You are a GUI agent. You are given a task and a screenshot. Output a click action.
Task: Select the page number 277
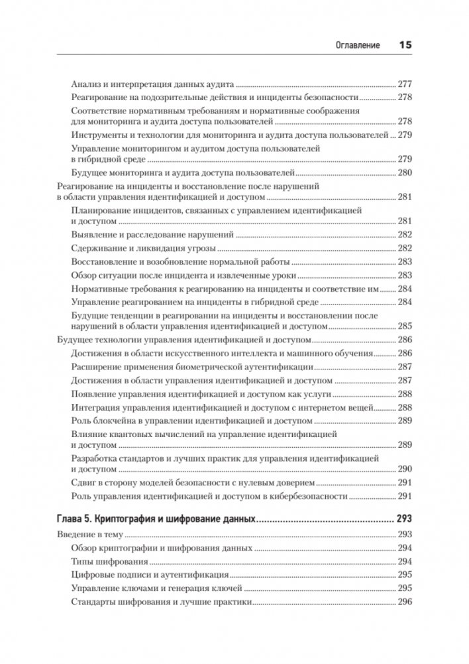[404, 85]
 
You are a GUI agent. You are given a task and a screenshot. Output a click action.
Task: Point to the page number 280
[404, 173]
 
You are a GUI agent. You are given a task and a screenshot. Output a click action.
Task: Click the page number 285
[404, 326]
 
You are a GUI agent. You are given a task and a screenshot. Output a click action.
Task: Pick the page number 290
[404, 468]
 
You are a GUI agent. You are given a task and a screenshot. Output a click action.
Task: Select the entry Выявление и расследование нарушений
[152, 235]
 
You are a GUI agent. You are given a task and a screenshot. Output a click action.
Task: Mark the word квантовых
[135, 433]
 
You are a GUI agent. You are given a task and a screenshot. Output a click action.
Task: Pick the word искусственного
[203, 353]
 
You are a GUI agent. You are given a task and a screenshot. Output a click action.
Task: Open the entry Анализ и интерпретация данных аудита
[152, 85]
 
